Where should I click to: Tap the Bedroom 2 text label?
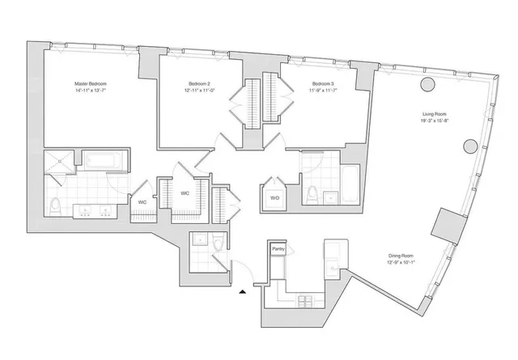tap(197, 84)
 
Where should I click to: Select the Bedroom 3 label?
tap(324, 84)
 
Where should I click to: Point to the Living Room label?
tap(435, 114)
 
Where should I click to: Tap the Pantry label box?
tap(278, 249)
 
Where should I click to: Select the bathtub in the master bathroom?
tap(104, 160)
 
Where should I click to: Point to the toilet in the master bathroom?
tap(55, 205)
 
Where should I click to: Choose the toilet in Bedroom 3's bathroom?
tap(312, 195)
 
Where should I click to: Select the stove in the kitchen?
tap(307, 301)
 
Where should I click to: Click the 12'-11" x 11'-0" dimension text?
tap(197, 91)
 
